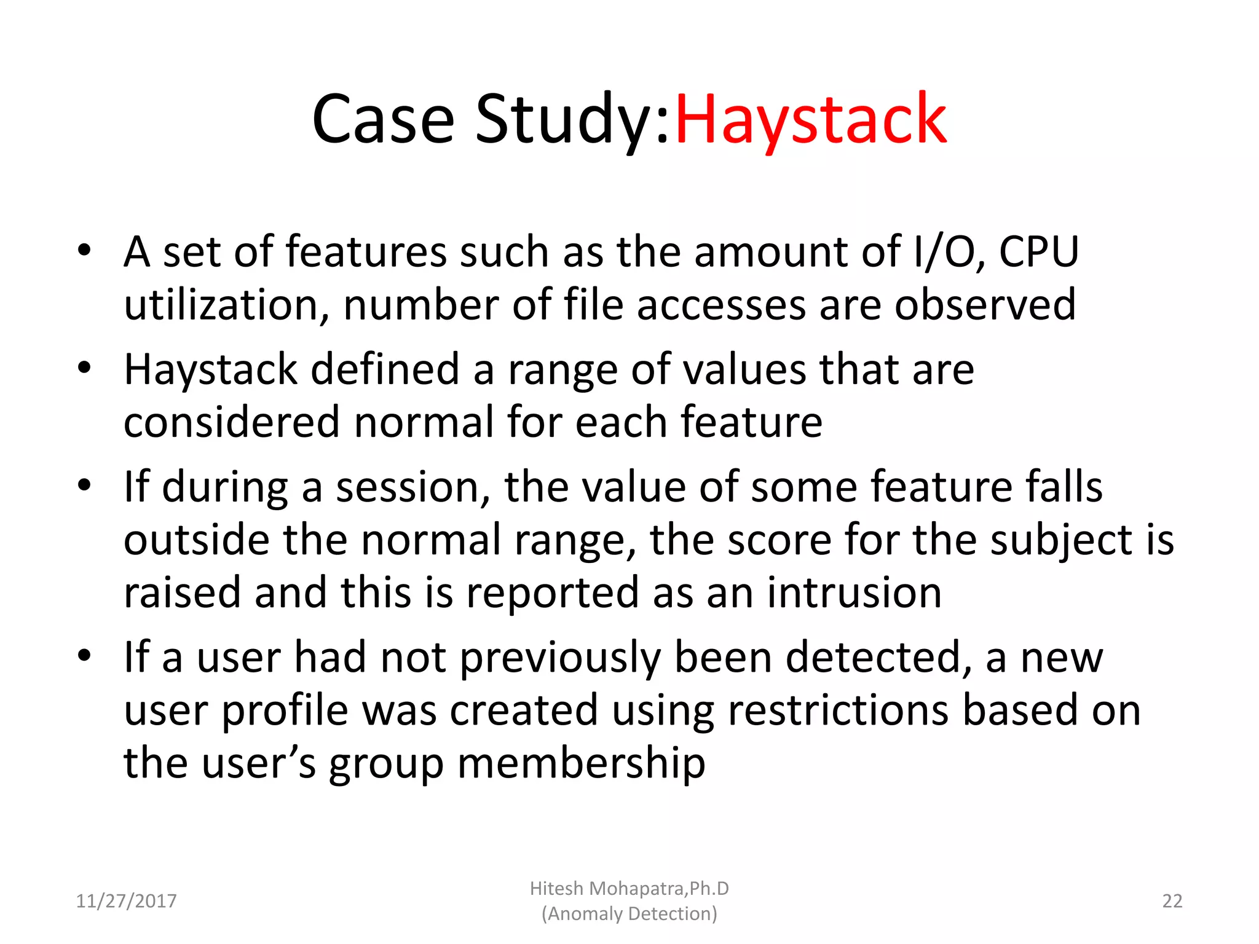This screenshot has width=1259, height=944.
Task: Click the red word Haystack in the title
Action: coord(810,119)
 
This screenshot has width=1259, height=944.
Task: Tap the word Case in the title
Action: coord(382,119)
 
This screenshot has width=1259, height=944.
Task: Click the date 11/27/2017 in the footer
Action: coord(126,901)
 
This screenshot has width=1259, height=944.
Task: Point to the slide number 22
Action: coord(1172,901)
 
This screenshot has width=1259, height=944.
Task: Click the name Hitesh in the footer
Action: coord(556,889)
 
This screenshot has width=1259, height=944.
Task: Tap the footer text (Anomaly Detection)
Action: coord(629,914)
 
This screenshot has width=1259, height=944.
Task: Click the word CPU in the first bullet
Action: coord(1038,252)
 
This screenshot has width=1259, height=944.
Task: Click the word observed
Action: coord(985,305)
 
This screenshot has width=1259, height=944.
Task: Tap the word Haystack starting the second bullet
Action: coord(211,370)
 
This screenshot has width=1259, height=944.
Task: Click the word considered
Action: coord(232,423)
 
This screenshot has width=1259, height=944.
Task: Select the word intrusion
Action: coord(854,592)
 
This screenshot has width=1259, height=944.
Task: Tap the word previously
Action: coord(560,658)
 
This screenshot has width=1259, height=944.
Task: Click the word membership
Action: coord(581,763)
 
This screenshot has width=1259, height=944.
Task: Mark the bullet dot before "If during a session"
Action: coord(84,486)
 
